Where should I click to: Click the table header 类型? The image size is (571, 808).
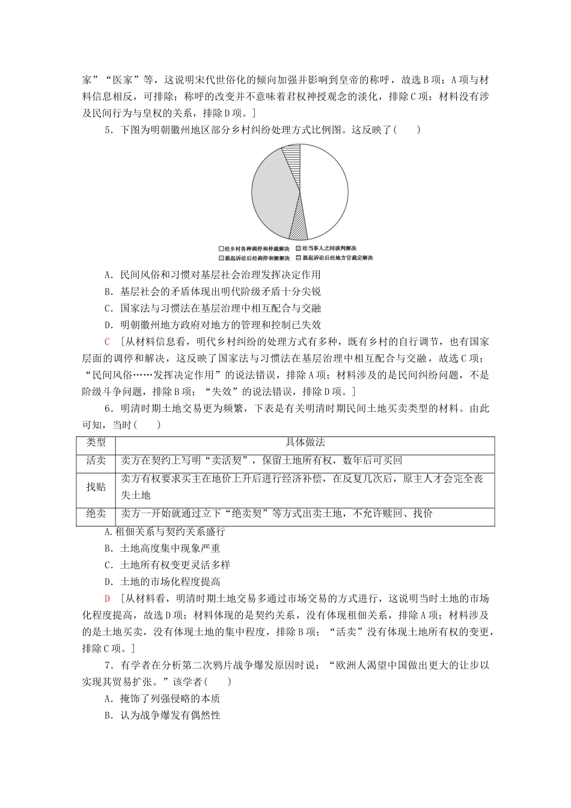[x=96, y=443]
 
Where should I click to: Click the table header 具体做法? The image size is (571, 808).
[x=304, y=443]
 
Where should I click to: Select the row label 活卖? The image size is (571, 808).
[x=96, y=461]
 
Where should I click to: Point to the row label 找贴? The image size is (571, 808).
[x=96, y=488]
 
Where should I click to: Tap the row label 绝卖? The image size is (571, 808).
[x=96, y=515]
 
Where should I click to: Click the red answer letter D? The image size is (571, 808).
[x=107, y=599]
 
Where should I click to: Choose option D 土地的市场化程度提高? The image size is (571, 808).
[x=162, y=582]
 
